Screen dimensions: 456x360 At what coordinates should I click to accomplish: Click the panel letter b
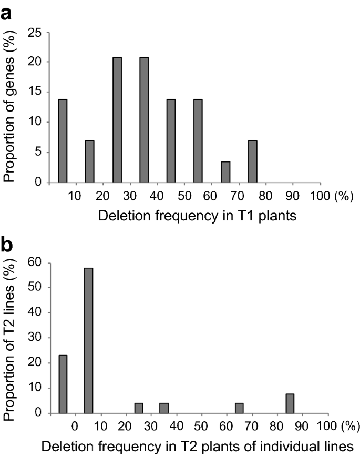click(x=8, y=246)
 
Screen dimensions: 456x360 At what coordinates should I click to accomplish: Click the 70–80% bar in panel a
click(x=252, y=163)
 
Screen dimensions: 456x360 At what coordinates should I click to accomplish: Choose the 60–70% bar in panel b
click(x=240, y=408)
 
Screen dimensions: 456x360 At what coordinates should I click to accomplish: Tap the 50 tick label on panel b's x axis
click(x=202, y=425)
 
